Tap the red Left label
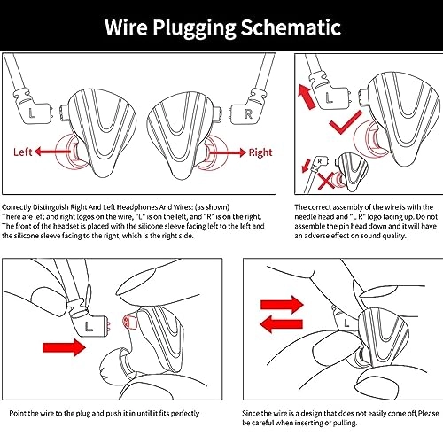tap(23, 152)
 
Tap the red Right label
tap(260, 152)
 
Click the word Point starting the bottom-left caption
tap(18, 413)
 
